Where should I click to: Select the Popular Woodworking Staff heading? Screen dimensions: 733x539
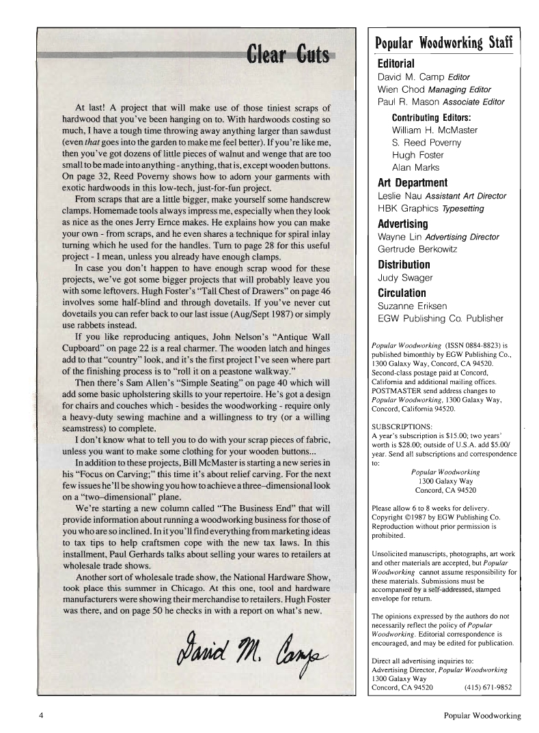click(443, 44)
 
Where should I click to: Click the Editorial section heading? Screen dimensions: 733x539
click(400, 63)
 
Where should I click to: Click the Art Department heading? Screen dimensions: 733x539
click(413, 182)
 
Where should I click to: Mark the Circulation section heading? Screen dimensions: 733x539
click(404, 291)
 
